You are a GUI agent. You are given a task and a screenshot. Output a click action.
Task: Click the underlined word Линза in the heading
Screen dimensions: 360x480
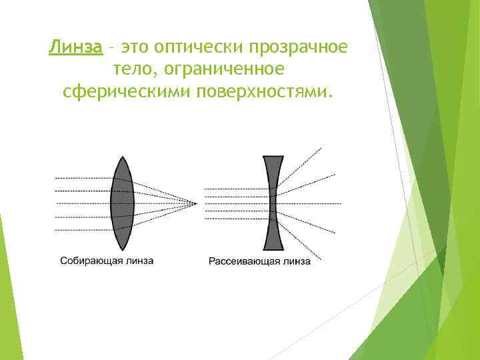(75, 48)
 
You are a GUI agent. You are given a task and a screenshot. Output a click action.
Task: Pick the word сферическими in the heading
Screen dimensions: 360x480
(127, 91)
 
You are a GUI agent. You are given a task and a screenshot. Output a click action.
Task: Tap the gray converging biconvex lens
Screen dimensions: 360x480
(123, 203)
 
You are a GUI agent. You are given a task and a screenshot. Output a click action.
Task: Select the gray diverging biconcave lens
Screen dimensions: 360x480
(273, 203)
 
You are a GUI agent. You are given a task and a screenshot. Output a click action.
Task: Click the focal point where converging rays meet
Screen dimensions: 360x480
(197, 203)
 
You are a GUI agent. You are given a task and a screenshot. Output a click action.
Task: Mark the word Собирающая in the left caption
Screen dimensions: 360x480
(89, 261)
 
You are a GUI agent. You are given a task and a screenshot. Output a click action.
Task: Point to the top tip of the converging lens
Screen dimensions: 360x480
(123, 157)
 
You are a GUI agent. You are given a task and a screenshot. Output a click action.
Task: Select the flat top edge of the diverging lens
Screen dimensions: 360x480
(273, 157)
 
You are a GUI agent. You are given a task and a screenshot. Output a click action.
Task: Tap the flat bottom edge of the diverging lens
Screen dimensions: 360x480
(273, 249)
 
